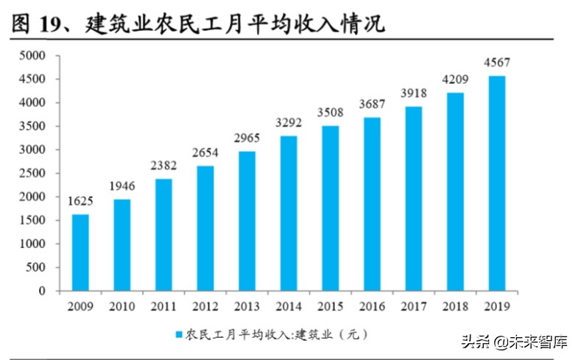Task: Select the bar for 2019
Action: (x=497, y=183)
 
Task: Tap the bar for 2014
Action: (x=289, y=213)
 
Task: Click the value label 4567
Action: (x=497, y=63)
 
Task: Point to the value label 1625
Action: (x=80, y=202)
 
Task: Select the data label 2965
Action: (x=247, y=138)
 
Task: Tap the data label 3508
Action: (x=331, y=113)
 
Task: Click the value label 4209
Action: (x=456, y=80)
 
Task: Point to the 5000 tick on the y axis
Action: (x=32, y=56)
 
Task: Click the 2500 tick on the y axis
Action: (x=32, y=174)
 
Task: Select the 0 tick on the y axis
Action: (x=42, y=292)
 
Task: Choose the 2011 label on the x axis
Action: (x=163, y=305)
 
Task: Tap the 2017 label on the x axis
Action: (x=414, y=305)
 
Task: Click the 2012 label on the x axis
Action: (x=205, y=305)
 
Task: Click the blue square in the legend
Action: (x=178, y=333)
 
